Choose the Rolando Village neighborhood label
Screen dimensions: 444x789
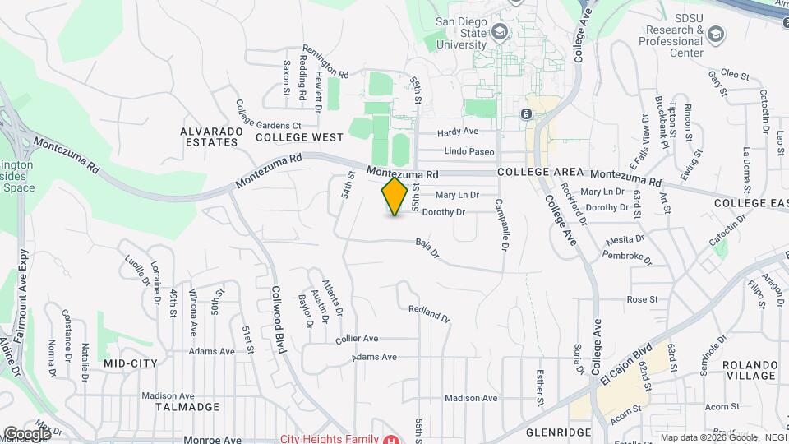coord(749,370)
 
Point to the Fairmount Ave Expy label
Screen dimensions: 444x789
coord(22,287)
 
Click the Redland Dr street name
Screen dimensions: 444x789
coord(430,313)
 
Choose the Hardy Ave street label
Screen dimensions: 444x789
coord(458,132)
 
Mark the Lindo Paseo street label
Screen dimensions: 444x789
coord(469,151)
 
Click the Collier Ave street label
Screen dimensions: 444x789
coord(357,338)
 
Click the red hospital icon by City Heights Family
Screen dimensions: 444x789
coord(392,438)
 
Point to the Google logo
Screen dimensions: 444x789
coord(26,433)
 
